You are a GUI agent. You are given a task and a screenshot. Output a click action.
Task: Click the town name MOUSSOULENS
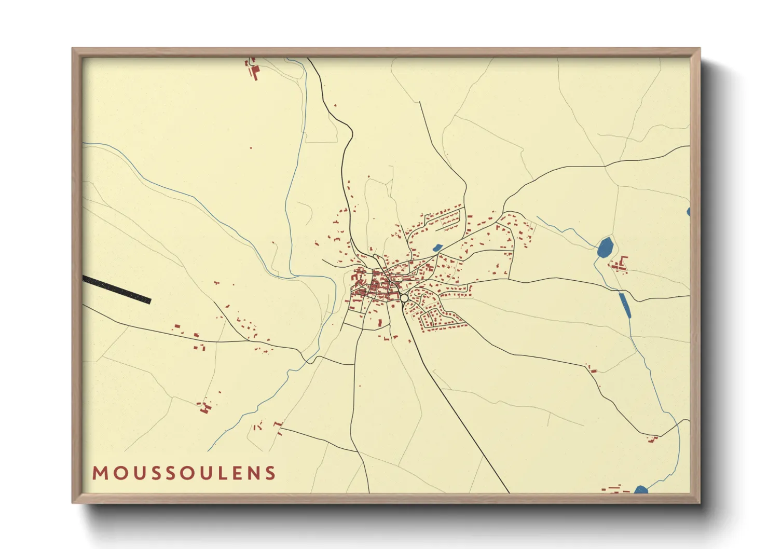(x=184, y=473)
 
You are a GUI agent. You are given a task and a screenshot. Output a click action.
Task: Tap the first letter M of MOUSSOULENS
(x=100, y=473)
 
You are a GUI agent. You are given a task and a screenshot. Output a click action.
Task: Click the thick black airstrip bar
(x=117, y=290)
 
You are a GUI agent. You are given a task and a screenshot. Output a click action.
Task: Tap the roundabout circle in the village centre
(x=404, y=298)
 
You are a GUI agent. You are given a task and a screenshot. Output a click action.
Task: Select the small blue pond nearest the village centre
(x=437, y=248)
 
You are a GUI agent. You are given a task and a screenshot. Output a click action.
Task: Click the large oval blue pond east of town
(x=605, y=248)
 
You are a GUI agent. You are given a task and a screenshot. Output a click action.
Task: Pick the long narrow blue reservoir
(x=625, y=305)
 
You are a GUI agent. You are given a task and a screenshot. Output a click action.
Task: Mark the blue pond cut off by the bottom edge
(x=641, y=489)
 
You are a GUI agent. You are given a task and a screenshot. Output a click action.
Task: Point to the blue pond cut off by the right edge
(x=688, y=212)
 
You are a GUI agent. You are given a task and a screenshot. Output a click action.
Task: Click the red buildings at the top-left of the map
(x=254, y=70)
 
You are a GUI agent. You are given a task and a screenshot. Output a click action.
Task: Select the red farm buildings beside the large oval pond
(x=619, y=265)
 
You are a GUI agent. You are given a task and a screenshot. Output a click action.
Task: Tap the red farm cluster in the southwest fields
(x=204, y=407)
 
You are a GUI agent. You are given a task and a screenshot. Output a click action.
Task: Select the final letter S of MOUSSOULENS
(x=270, y=473)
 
